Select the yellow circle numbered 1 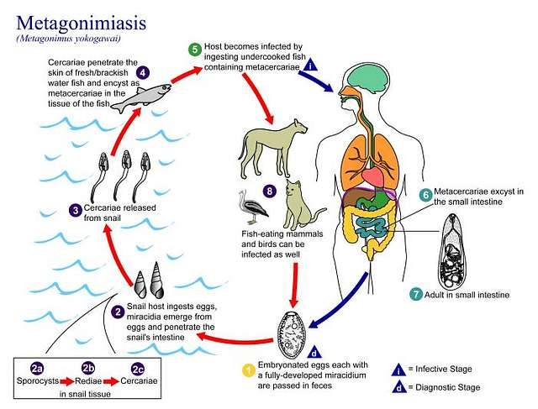[x=248, y=369]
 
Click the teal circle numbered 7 [x=415, y=295]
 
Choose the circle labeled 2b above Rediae [x=87, y=368]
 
